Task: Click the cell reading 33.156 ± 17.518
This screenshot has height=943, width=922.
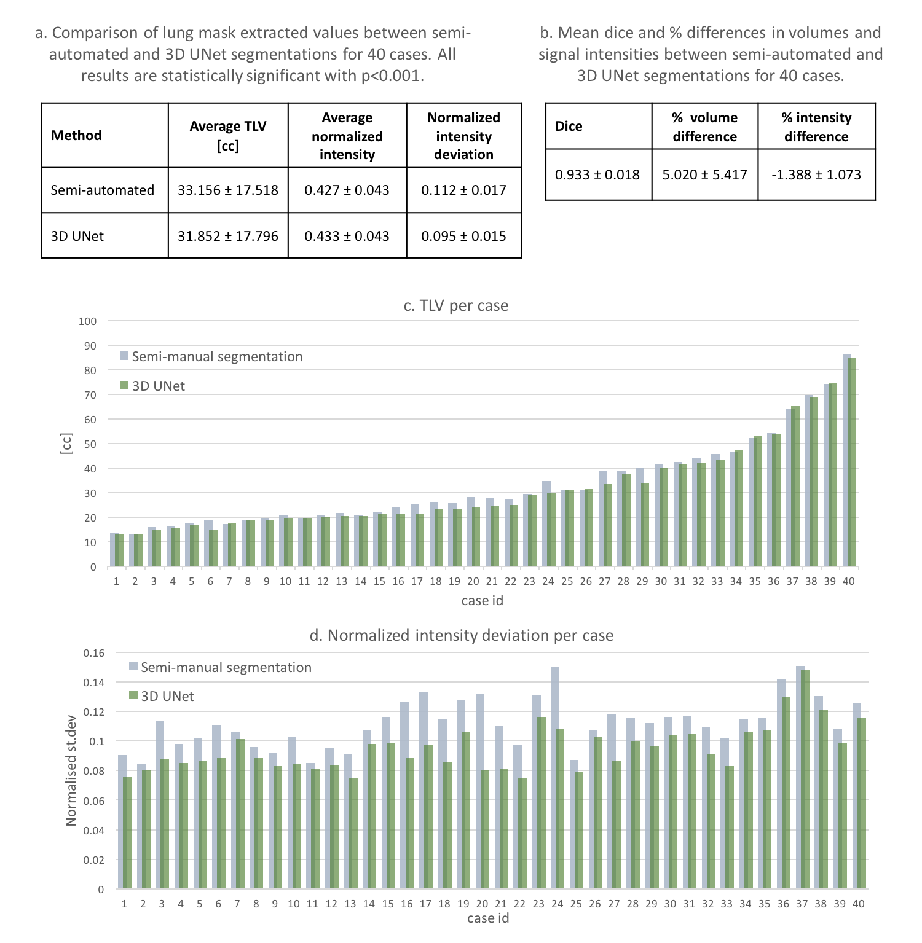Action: coord(227,190)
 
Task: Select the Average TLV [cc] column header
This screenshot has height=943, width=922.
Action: coord(227,136)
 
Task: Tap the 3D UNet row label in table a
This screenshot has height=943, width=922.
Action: coord(77,236)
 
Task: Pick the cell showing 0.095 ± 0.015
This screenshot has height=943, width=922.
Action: coord(463,236)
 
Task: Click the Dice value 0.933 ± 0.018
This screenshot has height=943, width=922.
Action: coord(597,174)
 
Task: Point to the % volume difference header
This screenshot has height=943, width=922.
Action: coord(704,127)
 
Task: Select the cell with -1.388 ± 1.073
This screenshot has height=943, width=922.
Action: coord(816,174)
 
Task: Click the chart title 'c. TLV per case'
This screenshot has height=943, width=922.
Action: coord(456,306)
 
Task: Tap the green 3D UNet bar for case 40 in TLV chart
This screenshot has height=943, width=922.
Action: coord(852,461)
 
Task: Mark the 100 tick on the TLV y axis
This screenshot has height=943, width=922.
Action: coord(88,321)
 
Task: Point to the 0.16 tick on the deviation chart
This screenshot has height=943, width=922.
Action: coord(93,653)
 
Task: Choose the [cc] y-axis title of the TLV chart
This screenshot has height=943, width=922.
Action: coord(66,444)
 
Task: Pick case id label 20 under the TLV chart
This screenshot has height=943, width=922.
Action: coord(473,581)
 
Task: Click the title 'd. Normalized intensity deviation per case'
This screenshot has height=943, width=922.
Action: coord(461,635)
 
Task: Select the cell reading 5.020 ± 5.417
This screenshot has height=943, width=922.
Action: coord(704,174)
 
